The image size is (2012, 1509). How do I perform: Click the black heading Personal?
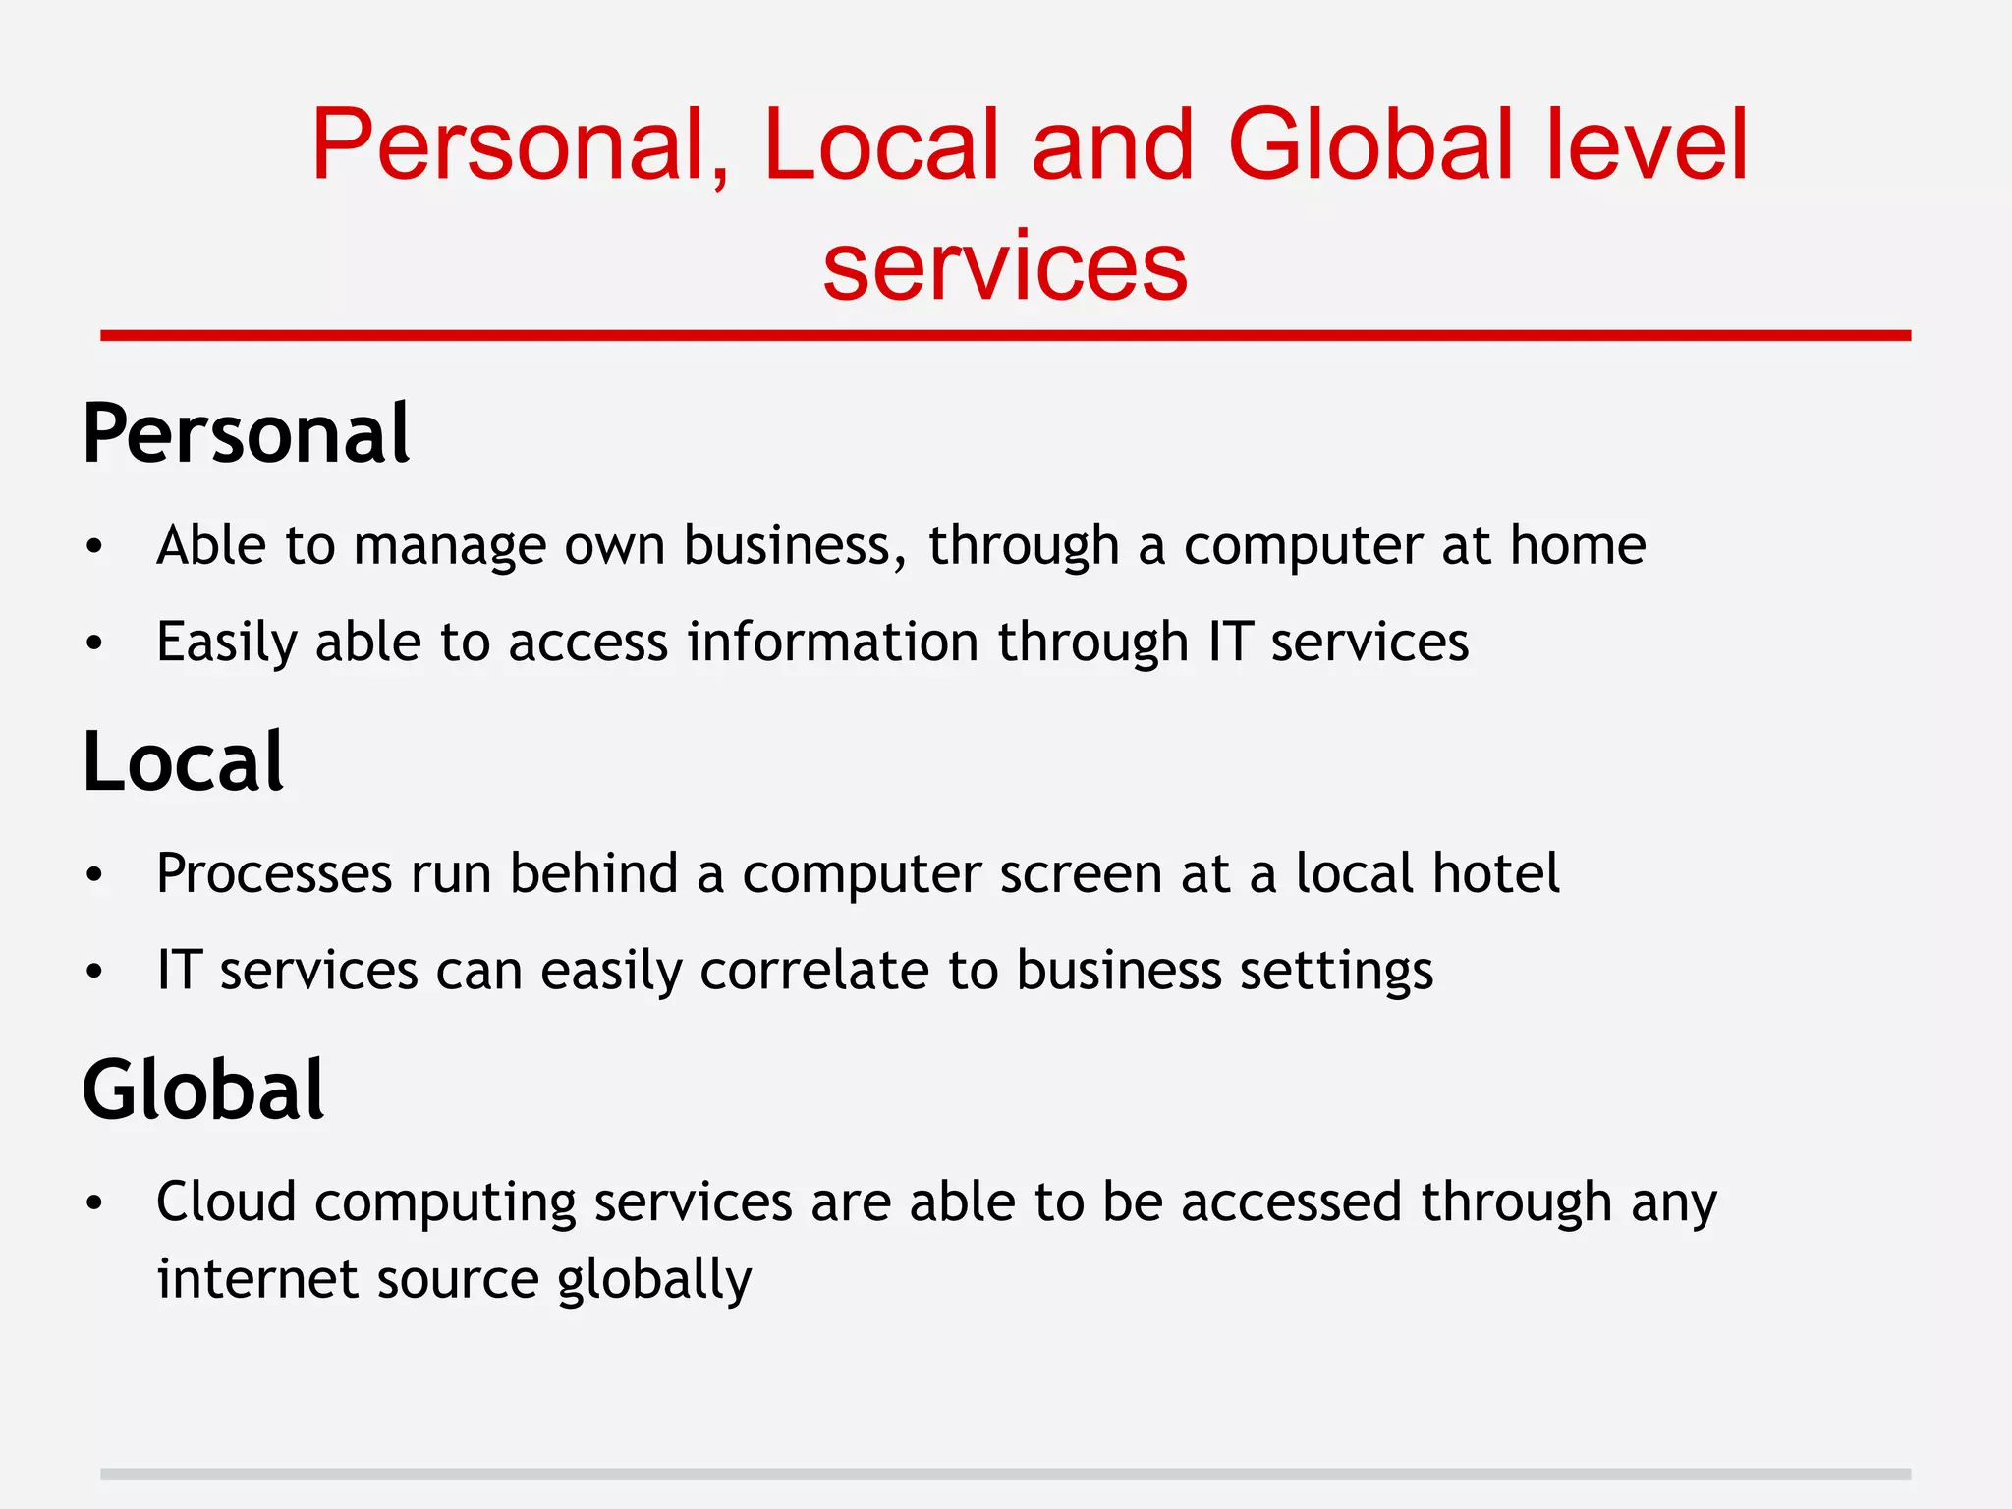(x=246, y=434)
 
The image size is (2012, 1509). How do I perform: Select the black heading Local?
(x=184, y=762)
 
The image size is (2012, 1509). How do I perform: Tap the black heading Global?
(x=203, y=1090)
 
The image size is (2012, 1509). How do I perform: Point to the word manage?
(x=449, y=546)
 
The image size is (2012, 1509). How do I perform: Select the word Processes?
(x=274, y=873)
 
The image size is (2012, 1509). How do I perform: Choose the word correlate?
(x=814, y=971)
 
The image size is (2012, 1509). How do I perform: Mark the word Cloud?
(x=226, y=1202)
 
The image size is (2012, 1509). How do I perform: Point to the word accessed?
(x=1291, y=1202)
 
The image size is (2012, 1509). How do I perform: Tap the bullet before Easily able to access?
(x=94, y=643)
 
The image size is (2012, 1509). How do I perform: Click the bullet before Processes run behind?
(x=94, y=874)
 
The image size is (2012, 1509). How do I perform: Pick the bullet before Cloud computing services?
(x=94, y=1202)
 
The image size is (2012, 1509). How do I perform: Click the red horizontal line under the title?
(x=1005, y=336)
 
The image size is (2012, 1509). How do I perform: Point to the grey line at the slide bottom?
(x=1005, y=1474)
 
